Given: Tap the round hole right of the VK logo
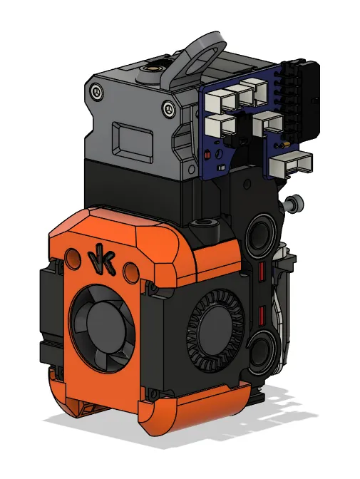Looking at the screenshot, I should click(x=129, y=272).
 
